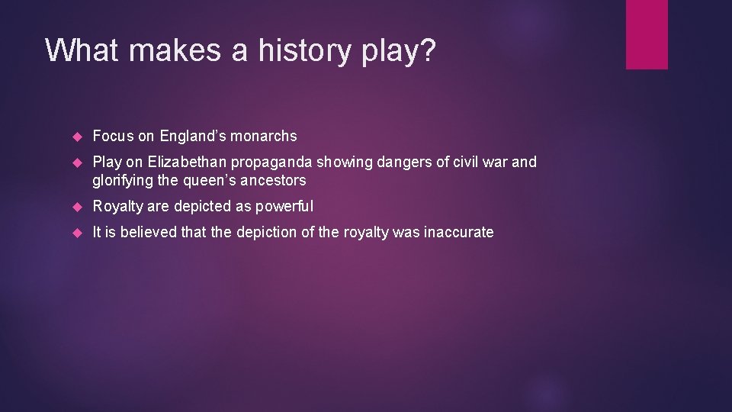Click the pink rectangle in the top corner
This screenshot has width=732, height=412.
point(647,34)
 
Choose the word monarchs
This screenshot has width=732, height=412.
point(264,137)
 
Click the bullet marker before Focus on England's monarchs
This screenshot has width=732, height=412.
point(77,137)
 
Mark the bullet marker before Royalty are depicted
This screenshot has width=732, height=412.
point(77,207)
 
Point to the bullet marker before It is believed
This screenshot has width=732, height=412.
point(77,233)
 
